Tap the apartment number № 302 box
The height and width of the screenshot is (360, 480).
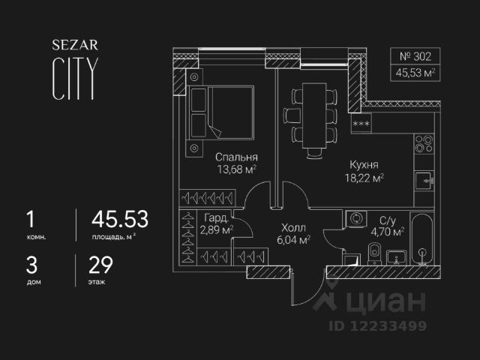pos(415,56)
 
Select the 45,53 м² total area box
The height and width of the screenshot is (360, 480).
pos(415,73)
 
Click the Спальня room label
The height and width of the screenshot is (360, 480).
pos(236,157)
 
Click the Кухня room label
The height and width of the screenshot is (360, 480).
pos(363,164)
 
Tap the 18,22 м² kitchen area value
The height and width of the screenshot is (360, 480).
pos(363,178)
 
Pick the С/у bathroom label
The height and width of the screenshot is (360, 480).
pos(388,220)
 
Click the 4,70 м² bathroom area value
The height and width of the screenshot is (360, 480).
pos(388,232)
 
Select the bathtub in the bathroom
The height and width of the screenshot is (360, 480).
pos(424,240)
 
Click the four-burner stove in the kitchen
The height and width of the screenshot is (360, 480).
pos(424,143)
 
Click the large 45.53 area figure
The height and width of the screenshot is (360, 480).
pos(119,220)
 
